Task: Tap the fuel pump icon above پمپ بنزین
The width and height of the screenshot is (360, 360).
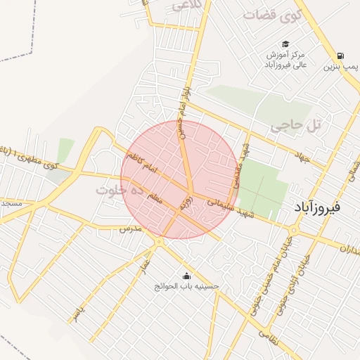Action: [x=341, y=56]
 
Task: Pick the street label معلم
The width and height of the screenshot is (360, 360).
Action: [x=154, y=199]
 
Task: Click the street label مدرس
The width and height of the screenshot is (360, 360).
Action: [x=131, y=229]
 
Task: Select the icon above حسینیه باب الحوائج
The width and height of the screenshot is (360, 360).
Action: [x=186, y=276]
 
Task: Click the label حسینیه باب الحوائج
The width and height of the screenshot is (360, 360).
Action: [x=187, y=287]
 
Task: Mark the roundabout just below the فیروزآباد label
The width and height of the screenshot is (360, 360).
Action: [x=293, y=229]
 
